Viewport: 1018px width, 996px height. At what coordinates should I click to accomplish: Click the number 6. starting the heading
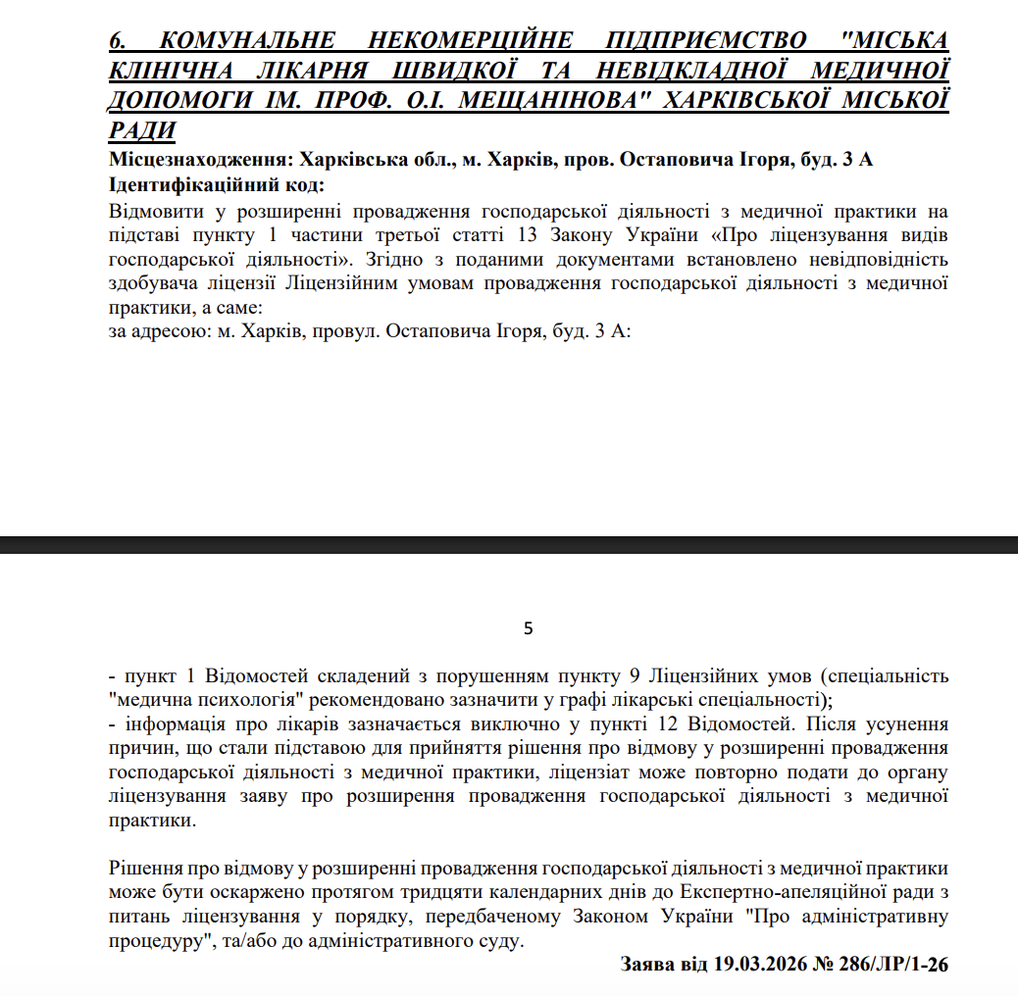coord(117,41)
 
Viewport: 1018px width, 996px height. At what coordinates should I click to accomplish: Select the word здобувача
coord(153,284)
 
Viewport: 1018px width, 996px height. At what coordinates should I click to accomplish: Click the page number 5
coord(529,628)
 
